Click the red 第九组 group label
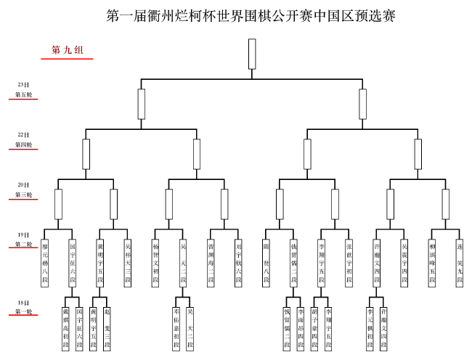(68, 50)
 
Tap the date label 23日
(23, 85)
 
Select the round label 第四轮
(23, 144)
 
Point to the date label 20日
(23, 184)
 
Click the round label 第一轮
(23, 312)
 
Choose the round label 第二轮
(23, 245)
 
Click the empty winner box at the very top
(252, 54)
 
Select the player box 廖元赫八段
(44, 263)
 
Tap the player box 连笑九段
(460, 263)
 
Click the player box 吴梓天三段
(128, 263)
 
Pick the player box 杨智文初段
(155, 263)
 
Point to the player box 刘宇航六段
(238, 263)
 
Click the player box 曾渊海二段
(211, 263)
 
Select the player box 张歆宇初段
(349, 263)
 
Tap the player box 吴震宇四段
(404, 263)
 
